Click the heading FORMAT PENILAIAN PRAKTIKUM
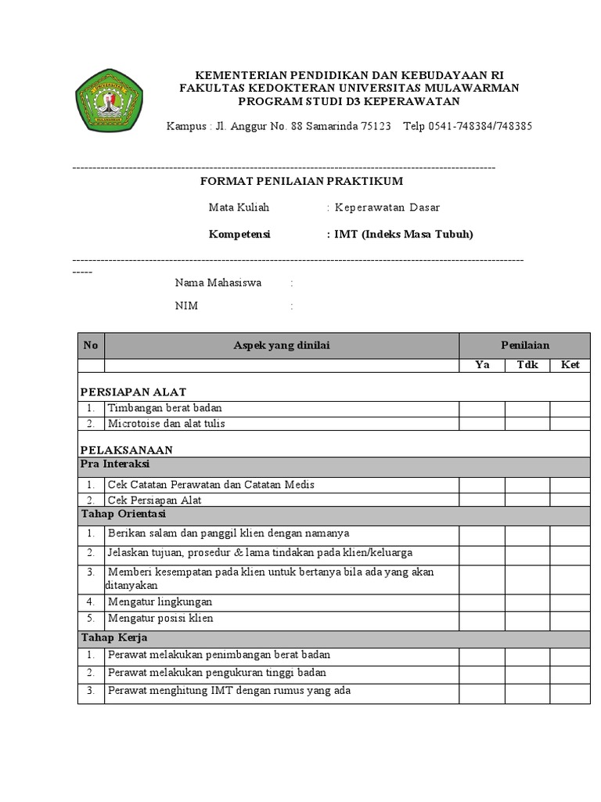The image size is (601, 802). click(x=302, y=181)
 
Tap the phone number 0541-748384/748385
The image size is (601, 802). click(x=477, y=127)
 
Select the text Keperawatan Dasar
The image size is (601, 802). click(x=387, y=208)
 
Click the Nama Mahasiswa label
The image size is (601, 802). click(x=218, y=283)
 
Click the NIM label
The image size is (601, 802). click(x=186, y=306)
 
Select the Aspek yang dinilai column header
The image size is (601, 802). click(x=282, y=345)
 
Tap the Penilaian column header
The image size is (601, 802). click(x=525, y=345)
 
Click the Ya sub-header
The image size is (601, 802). click(x=482, y=365)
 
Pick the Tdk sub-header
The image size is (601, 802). click(x=527, y=365)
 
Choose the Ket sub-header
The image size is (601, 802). click(x=570, y=365)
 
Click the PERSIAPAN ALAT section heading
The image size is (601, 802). click(x=134, y=392)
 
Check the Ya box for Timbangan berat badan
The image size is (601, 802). click(x=482, y=408)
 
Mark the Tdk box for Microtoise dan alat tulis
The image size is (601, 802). click(x=527, y=424)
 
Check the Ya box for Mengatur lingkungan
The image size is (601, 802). click(x=482, y=602)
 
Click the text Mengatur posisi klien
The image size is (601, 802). click(x=160, y=618)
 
